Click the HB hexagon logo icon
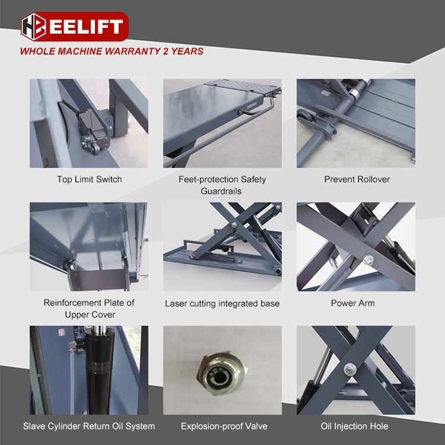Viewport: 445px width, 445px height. (33, 27)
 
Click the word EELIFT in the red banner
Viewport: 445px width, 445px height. (86, 27)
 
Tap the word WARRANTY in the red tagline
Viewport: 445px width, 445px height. (132, 51)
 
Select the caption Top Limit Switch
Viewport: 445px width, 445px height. (90, 179)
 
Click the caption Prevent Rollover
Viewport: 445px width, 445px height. (357, 179)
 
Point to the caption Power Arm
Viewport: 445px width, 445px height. (353, 303)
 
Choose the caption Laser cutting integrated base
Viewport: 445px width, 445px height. (223, 304)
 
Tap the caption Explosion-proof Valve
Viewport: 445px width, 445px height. (224, 426)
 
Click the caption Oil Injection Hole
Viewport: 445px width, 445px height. (354, 426)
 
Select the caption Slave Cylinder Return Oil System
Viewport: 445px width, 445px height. (89, 426)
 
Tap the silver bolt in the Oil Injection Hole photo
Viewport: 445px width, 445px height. (349, 370)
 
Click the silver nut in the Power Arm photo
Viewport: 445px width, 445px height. (368, 260)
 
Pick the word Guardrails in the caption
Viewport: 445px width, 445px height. (221, 191)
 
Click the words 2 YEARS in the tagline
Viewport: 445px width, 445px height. (183, 51)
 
